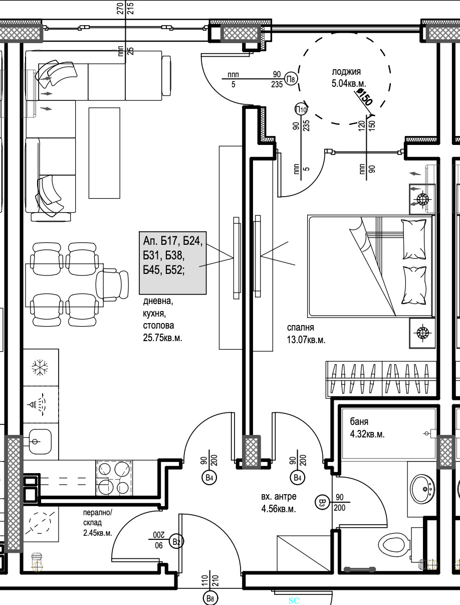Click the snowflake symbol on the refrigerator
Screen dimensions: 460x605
coord(40,367)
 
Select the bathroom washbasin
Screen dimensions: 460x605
coord(422,489)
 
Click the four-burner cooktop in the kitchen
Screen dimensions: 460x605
coord(114,478)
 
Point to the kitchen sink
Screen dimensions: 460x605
coord(40,441)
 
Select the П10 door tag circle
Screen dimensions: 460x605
coord(301,109)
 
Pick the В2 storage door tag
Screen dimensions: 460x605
coord(176,542)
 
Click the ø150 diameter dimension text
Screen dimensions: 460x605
coord(364,96)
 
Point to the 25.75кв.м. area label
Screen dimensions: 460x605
coord(162,338)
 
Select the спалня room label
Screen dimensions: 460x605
coord(300,327)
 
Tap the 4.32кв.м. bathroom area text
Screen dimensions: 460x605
coord(367,434)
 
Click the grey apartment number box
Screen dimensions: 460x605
coord(172,263)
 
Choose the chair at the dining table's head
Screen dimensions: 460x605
coord(112,285)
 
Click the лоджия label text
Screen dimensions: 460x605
coord(346,72)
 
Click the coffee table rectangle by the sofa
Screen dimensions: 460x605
coord(104,153)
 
